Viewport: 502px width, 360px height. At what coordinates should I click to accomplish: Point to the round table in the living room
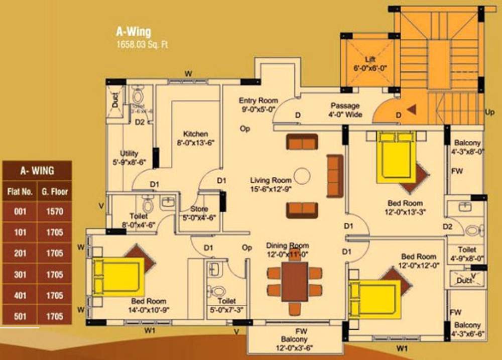302,176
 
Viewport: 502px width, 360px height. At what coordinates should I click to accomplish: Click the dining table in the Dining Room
295,282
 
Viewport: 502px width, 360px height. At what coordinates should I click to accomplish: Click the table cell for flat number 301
20,275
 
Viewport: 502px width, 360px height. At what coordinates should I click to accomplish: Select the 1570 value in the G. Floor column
55,212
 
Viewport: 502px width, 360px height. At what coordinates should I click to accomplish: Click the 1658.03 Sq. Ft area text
142,44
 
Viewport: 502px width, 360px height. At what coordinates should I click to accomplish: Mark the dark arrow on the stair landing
411,108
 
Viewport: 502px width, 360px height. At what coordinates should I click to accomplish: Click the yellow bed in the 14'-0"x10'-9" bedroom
118,277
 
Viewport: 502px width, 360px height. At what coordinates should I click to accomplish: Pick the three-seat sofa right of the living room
334,176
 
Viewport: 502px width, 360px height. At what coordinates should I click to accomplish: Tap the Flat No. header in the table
20,191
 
